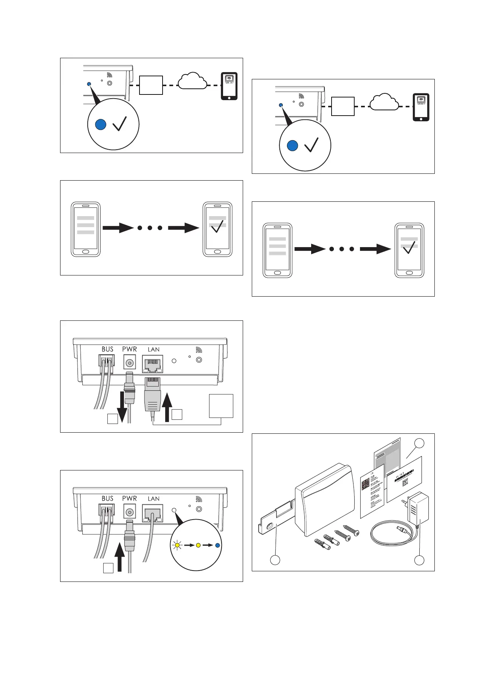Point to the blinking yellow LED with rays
177,545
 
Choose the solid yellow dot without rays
198,545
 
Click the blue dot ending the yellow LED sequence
217,545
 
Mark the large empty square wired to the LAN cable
221,406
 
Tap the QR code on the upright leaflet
366,484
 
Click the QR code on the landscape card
406,482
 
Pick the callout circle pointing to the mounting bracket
275,560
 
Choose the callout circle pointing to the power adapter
419,560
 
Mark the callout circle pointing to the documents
419,444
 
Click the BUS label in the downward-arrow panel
107,349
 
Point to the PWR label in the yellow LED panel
130,498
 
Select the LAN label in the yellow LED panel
153,499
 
